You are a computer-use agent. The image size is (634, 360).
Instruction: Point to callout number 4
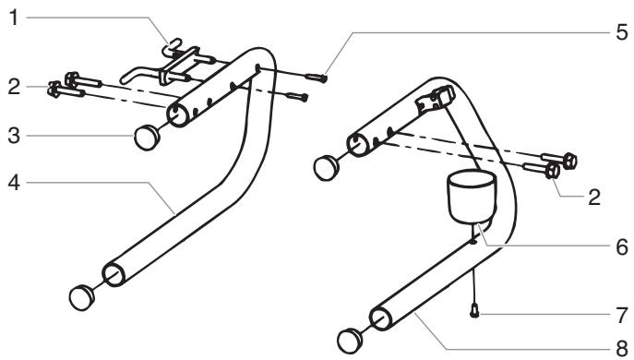pyautogui.click(x=11, y=182)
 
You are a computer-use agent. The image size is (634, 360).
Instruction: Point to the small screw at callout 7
pyautogui.click(x=474, y=311)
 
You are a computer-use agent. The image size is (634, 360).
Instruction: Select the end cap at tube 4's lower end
pyautogui.click(x=84, y=297)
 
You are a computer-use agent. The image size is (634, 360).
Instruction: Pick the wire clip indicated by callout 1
pyautogui.click(x=175, y=61)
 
